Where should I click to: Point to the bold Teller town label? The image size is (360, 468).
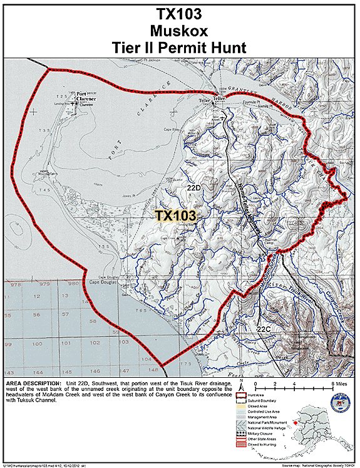point(218,99)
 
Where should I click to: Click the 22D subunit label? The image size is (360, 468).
point(193,187)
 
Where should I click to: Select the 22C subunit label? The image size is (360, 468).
point(264,328)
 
